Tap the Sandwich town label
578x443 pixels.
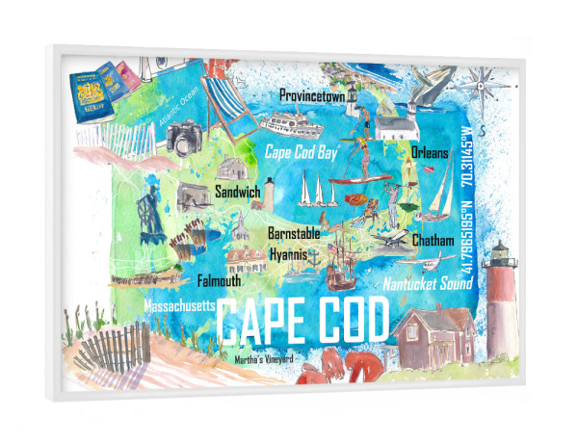click(238, 193)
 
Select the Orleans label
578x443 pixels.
click(430, 152)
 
